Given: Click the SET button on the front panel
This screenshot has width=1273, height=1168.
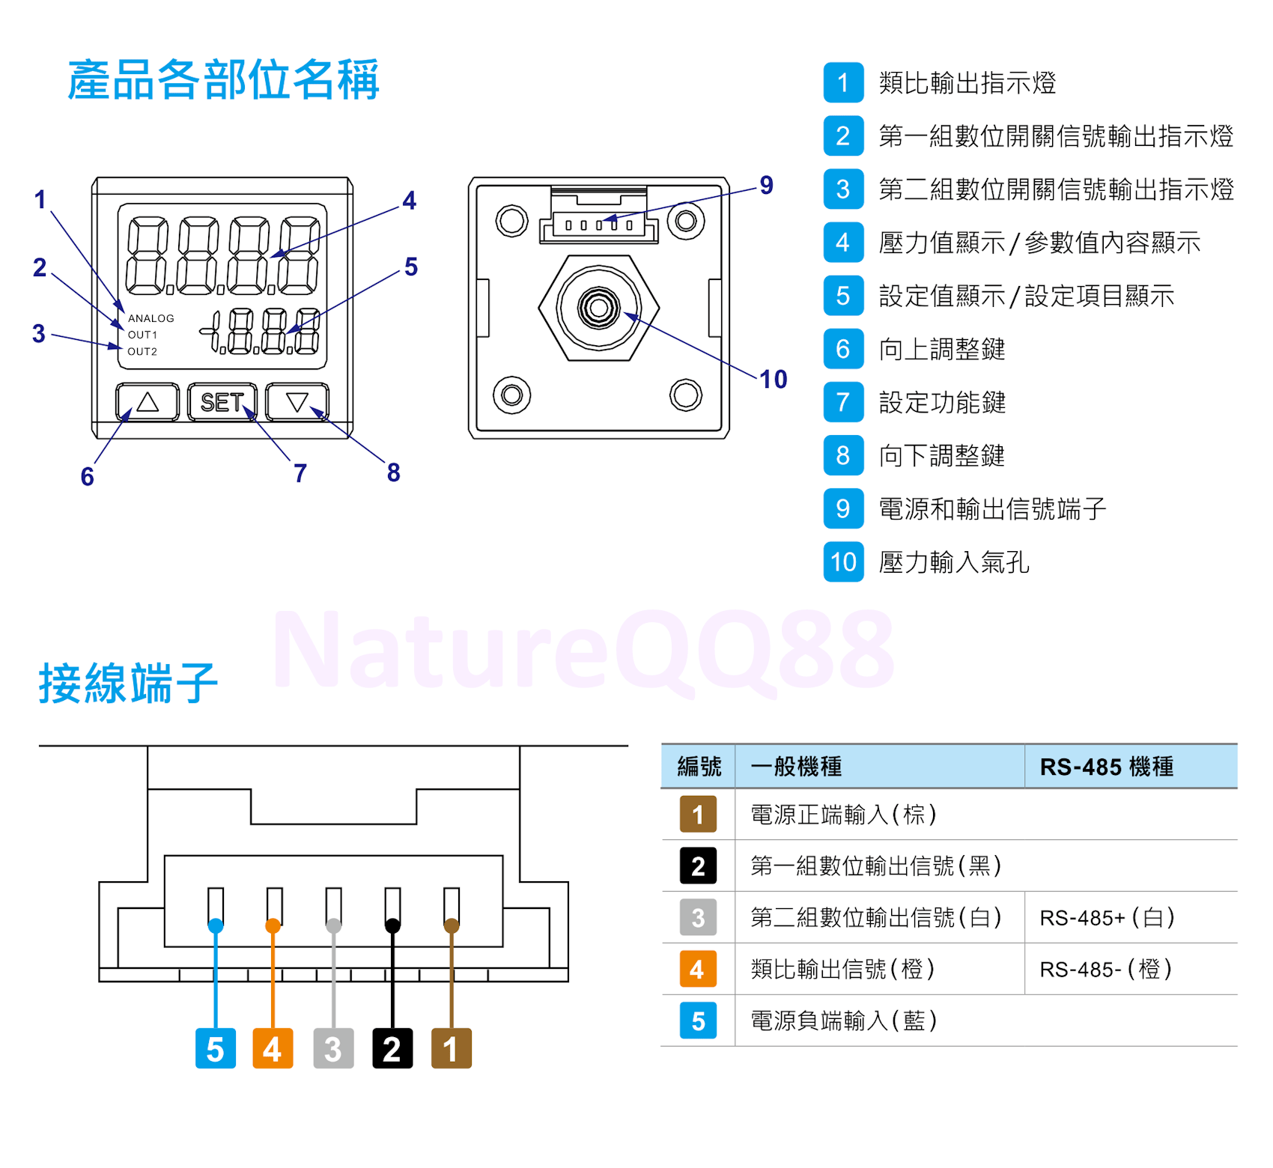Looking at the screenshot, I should [x=222, y=402].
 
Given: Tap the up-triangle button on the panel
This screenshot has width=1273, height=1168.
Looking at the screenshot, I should [x=148, y=402].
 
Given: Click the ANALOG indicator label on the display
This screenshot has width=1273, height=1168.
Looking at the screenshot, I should [x=151, y=318].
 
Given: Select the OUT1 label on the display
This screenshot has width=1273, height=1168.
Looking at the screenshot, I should [x=142, y=335].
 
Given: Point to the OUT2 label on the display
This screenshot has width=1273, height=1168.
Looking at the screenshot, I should [x=142, y=351].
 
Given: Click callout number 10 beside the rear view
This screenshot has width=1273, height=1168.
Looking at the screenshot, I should [x=774, y=379].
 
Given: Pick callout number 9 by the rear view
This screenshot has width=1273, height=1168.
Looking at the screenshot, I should [x=766, y=185].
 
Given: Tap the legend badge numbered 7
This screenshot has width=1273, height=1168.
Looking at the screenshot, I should [x=843, y=402].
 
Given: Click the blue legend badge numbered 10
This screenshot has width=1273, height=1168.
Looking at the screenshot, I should [x=843, y=562].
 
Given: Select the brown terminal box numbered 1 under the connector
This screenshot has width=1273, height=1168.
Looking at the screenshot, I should [x=451, y=1048].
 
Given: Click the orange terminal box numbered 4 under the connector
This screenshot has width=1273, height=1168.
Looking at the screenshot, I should [x=273, y=1048].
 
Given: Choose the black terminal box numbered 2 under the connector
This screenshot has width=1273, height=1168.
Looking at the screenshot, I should [x=392, y=1048].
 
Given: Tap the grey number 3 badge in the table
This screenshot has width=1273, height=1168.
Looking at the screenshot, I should [x=698, y=917].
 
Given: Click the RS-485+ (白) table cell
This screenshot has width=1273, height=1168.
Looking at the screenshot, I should [x=1107, y=917].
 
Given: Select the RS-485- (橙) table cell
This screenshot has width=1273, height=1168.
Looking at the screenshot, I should [x=1105, y=969].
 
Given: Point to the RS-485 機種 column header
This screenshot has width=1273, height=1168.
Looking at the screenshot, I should [x=1107, y=766].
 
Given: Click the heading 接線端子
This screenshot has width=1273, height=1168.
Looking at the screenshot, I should [x=128, y=683].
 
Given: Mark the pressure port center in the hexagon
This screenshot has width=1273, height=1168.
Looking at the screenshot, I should [x=598, y=307].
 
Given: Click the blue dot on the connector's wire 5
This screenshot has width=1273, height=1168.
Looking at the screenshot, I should [x=216, y=925].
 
